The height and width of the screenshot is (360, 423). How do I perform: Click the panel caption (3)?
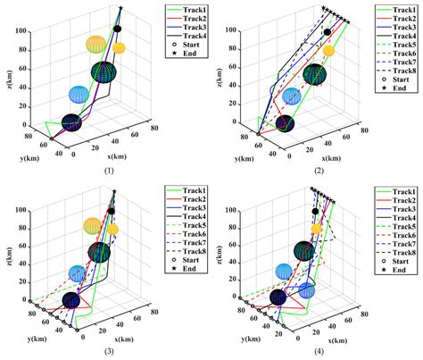(108, 350)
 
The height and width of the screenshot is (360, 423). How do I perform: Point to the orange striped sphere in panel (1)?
(95, 44)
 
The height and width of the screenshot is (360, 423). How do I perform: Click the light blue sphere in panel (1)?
(79, 94)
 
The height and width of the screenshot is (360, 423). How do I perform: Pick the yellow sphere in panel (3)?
(112, 230)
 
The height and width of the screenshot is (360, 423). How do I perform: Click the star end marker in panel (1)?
(120, 9)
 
